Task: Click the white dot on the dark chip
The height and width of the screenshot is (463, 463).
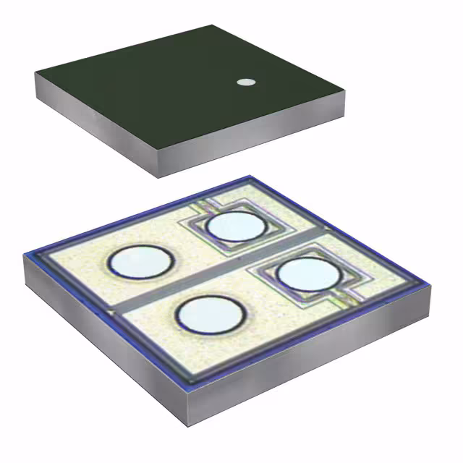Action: pos(247,82)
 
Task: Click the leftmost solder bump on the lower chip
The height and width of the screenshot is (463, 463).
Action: pos(140,261)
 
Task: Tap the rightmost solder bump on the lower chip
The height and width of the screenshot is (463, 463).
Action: pos(309,275)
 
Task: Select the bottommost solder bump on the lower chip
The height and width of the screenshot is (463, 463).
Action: pos(208,315)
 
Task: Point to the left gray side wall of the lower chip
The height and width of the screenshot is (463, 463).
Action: pos(101,326)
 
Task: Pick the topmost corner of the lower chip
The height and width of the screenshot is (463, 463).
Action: pos(250,177)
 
